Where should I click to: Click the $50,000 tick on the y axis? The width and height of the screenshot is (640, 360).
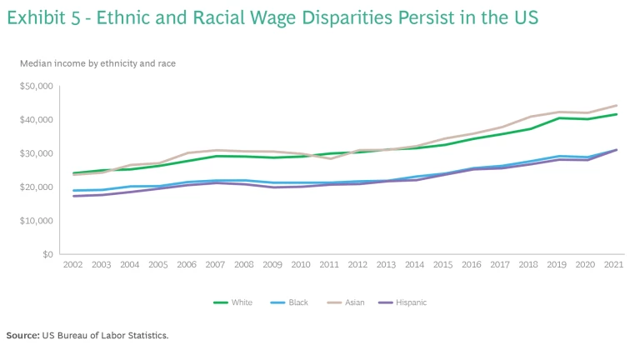click(36, 87)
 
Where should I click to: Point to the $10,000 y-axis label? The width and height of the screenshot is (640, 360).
click(36, 221)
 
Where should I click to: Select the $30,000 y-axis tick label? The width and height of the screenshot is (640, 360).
click(36, 153)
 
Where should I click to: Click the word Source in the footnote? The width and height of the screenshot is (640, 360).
click(22, 335)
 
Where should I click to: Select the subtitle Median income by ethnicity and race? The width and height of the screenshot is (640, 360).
click(97, 63)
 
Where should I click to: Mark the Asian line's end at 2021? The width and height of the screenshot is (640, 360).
click(617, 106)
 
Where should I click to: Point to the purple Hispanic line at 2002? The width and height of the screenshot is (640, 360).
click(74, 196)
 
